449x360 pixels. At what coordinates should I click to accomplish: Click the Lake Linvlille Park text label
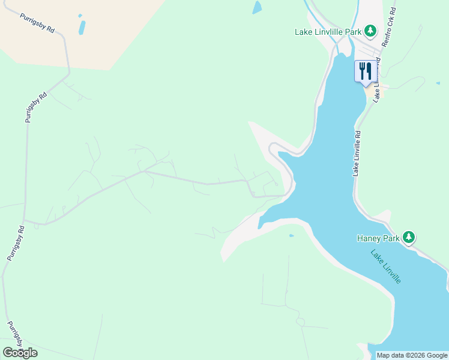point(329,32)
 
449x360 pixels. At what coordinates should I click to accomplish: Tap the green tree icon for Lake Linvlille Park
point(371,31)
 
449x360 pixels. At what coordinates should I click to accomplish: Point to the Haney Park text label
point(378,238)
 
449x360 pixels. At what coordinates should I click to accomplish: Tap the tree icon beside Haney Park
point(409,238)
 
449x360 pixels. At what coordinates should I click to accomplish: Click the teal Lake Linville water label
point(385,267)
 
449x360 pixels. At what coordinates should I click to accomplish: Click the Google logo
point(20,353)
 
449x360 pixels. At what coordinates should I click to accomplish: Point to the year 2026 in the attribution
point(416,355)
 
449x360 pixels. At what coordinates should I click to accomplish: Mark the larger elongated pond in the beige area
point(82,27)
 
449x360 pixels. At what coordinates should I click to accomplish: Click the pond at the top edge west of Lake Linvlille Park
point(257,7)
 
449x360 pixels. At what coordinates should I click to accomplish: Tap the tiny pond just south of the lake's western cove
point(291,236)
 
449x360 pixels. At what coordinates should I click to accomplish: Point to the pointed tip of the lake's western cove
point(259,228)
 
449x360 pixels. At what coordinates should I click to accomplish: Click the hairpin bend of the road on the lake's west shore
point(271,146)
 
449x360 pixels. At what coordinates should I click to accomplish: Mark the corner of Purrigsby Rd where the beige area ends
point(69,74)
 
